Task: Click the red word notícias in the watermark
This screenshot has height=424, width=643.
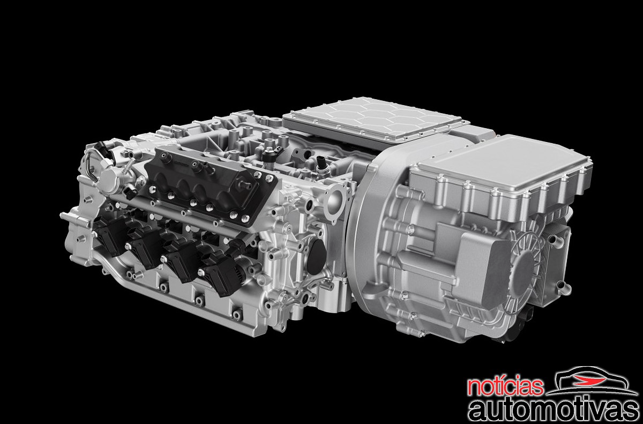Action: (x=505, y=386)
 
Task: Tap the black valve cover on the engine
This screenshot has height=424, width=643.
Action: (x=210, y=184)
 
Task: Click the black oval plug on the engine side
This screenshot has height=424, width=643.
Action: (x=316, y=256)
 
